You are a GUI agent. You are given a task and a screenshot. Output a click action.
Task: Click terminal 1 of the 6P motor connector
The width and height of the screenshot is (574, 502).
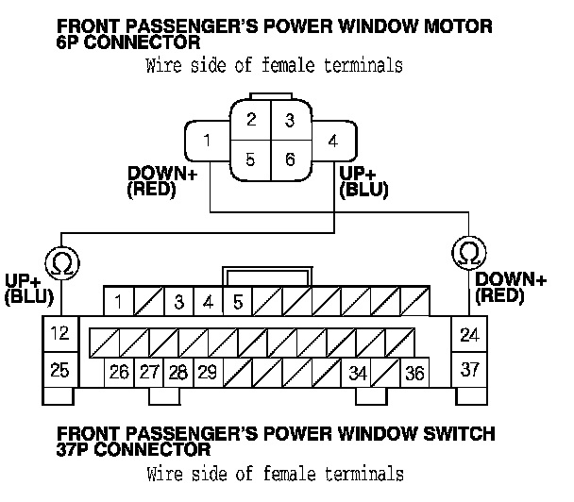[205, 142]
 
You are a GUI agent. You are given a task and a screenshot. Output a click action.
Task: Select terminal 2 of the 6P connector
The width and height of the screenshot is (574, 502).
[250, 121]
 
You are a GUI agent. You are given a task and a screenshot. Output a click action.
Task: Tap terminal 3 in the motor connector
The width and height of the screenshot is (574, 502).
[290, 121]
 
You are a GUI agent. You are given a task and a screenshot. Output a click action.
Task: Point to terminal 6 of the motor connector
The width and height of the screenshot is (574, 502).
[290, 159]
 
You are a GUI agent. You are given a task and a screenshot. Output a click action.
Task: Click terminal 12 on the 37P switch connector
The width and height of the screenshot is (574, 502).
[59, 333]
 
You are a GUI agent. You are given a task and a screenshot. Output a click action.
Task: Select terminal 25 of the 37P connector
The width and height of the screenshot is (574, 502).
[59, 370]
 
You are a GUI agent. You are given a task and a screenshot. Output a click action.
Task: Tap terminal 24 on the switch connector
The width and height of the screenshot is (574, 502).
[468, 333]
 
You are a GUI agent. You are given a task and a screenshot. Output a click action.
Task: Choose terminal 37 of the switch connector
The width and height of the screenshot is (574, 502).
[468, 370]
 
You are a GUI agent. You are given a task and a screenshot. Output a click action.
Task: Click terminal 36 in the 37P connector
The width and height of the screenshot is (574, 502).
[414, 373]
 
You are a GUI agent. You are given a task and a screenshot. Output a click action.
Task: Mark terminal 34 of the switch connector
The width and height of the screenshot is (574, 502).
[357, 373]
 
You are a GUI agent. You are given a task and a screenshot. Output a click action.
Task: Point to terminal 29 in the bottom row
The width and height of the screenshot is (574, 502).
[208, 373]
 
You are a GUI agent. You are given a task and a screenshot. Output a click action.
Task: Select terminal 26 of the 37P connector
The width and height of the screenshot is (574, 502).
[119, 373]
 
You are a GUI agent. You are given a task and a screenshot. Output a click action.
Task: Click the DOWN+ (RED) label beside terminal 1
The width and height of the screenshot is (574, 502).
[157, 182]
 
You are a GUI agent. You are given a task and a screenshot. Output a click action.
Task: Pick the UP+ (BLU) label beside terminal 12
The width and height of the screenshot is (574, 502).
[28, 290]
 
